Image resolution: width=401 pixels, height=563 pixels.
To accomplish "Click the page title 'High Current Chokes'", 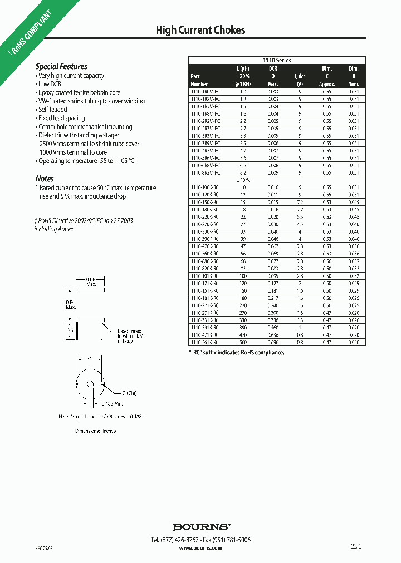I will tap(200, 30).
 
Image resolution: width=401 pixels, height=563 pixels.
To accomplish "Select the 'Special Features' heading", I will tap(61, 66).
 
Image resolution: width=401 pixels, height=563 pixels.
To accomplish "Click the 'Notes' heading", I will tap(45, 179).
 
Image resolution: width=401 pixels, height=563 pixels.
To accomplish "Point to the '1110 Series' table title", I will tap(277, 60).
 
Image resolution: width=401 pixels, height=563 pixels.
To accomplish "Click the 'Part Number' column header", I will tap(199, 80).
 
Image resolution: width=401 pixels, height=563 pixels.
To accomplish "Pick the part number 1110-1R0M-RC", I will tap(206, 91).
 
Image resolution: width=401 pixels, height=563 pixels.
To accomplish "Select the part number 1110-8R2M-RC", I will tap(206, 173).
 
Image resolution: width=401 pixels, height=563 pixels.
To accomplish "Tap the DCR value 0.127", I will tap(273, 283).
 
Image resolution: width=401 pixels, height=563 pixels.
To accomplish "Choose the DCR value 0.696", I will tap(273, 335).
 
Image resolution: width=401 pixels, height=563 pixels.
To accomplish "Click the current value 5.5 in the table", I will tap(300, 216).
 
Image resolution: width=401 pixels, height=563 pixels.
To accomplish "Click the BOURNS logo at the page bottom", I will tap(200, 526).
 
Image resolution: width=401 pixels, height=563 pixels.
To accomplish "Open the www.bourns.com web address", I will tap(200, 548).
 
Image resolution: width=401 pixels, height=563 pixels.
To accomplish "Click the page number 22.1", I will tap(356, 547).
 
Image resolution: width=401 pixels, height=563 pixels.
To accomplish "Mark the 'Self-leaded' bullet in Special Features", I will tap(53, 110).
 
